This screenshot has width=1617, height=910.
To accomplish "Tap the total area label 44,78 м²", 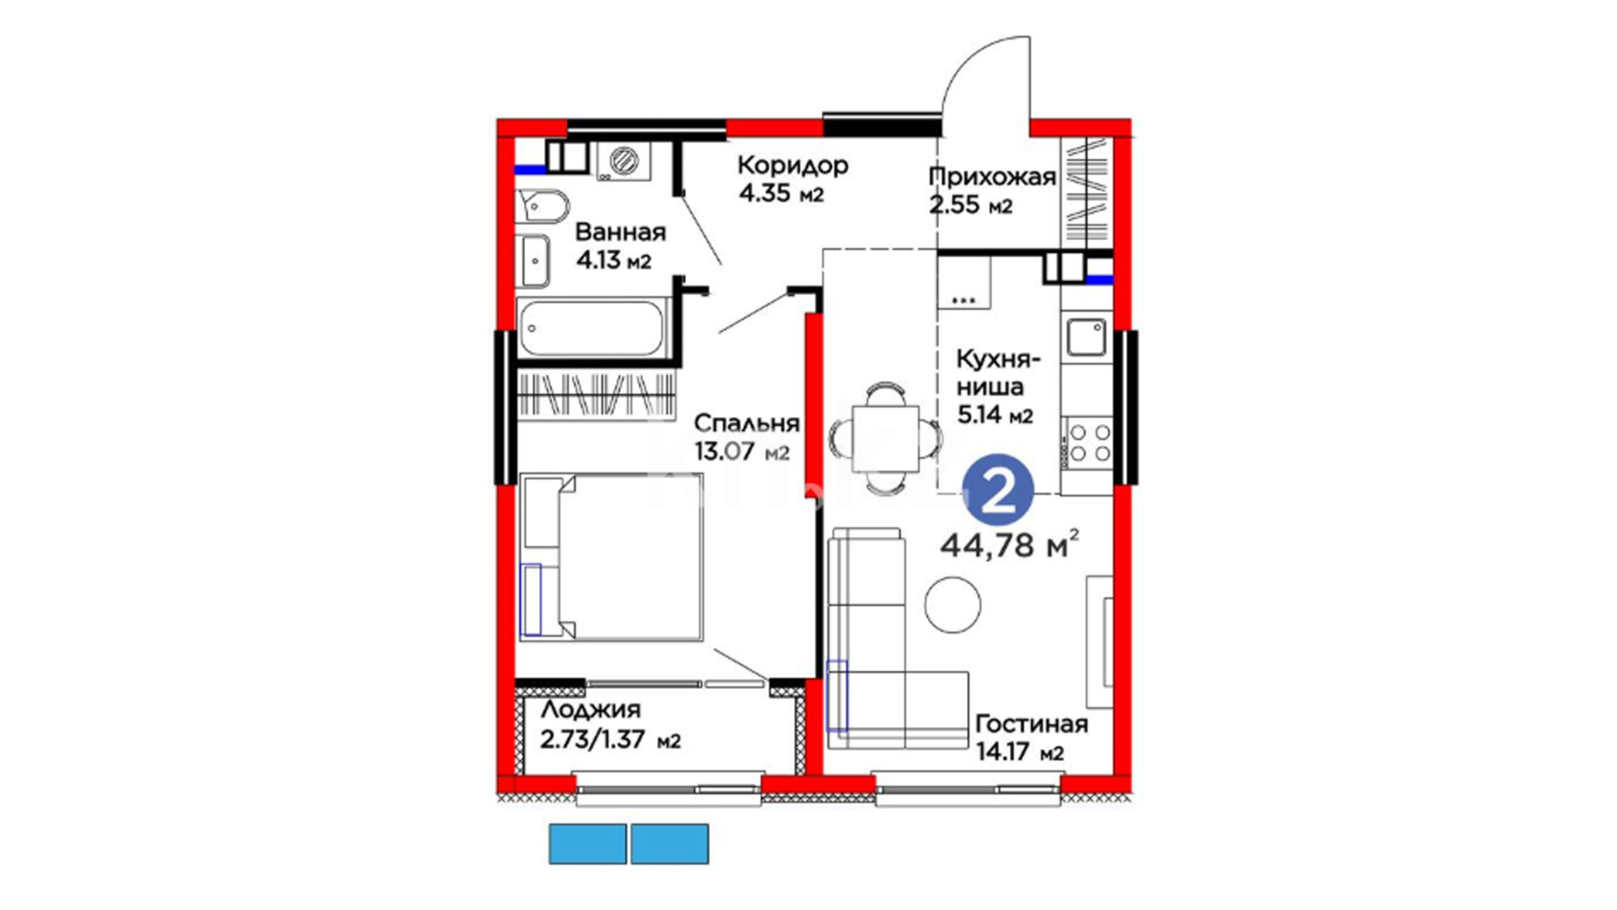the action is point(1009,545).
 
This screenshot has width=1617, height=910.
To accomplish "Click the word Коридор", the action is point(792,164).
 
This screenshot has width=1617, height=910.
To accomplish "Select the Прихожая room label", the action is point(992,176).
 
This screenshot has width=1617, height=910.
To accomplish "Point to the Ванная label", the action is point(620,232).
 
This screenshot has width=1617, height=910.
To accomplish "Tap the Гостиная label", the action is point(1031,724).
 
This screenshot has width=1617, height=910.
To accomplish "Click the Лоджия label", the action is point(590,709).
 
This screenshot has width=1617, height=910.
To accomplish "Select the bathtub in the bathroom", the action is point(591,328).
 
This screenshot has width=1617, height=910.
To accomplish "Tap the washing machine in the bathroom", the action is point(624,160).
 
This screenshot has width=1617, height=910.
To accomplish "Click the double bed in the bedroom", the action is point(611,557).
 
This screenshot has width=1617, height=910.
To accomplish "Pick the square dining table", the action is point(885,438).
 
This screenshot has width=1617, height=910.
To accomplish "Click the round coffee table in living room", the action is point(953,604).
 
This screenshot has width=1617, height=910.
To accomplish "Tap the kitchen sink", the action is point(1087,338).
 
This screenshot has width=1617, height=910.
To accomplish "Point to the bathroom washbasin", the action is point(533,261).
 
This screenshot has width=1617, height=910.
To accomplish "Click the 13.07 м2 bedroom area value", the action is point(742,452).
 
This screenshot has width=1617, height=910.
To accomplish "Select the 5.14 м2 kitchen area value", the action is point(995,415).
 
